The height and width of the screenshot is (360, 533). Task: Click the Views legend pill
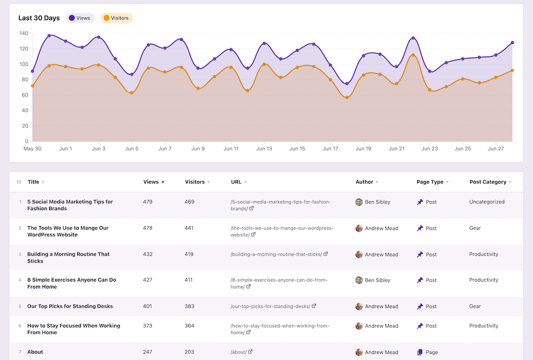point(80,18)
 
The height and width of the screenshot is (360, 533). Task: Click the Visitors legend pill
point(117,18)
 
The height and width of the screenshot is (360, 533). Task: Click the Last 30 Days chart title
point(39,18)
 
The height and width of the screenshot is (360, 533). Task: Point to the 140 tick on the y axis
point(23,33)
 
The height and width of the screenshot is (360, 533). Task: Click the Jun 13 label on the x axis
point(264,149)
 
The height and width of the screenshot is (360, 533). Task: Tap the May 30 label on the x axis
point(33,149)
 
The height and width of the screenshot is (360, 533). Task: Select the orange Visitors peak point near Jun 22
point(413,55)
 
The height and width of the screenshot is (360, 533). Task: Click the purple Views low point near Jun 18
point(347,84)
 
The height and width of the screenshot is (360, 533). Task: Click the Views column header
point(151,182)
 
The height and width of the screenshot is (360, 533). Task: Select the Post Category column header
point(488,182)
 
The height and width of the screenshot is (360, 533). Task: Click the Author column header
point(365,182)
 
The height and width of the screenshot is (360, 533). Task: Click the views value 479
point(148,202)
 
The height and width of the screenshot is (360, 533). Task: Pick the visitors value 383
point(190,306)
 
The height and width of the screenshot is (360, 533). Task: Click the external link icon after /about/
point(251,352)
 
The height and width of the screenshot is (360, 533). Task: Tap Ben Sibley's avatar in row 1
point(359,202)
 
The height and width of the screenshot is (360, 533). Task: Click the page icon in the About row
point(420,352)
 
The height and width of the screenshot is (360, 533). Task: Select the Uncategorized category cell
point(487,202)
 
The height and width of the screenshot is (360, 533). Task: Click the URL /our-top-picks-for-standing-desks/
point(270,307)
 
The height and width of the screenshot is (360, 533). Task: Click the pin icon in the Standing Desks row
point(420,306)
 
